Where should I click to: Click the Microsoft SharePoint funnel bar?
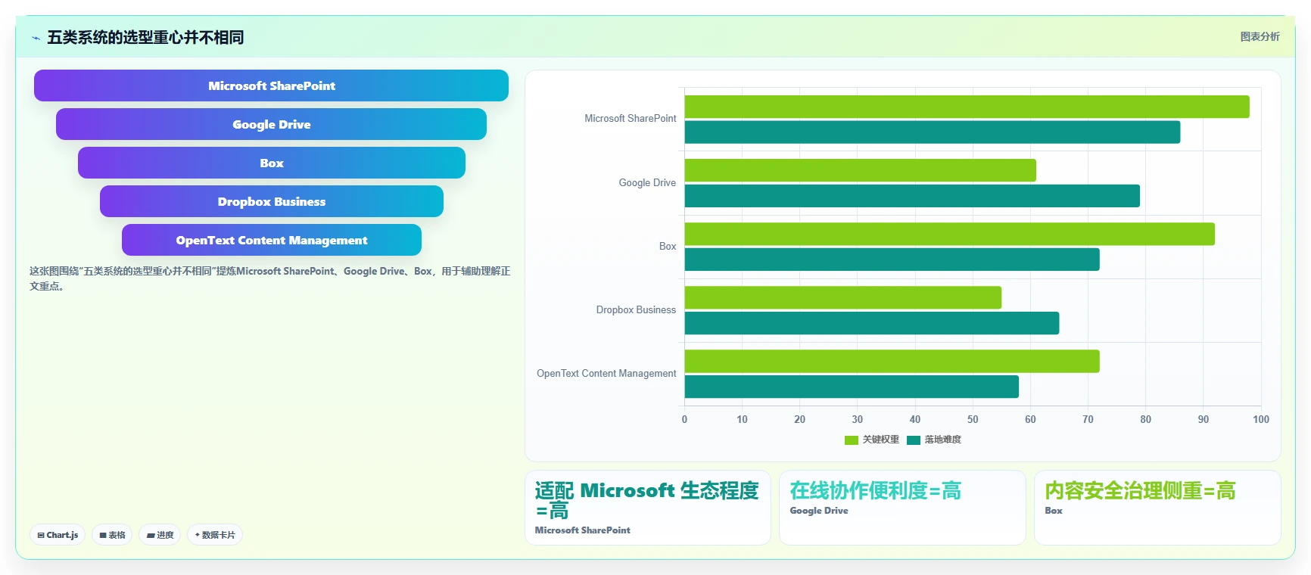pyautogui.click(x=271, y=85)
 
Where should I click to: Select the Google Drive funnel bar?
pyautogui.click(x=271, y=124)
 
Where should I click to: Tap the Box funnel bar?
pyautogui.click(x=271, y=163)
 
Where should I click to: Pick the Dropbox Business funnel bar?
pyautogui.click(x=271, y=201)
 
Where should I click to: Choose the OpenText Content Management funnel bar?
pyautogui.click(x=271, y=240)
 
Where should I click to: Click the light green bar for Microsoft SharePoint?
pyautogui.click(x=967, y=107)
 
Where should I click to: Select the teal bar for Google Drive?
pyautogui.click(x=912, y=196)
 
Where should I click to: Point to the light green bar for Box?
pyautogui.click(x=949, y=234)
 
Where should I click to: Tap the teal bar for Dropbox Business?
pyautogui.click(x=871, y=323)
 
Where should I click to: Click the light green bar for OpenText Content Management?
pyautogui.click(x=892, y=361)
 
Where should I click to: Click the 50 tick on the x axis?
pyautogui.click(x=973, y=419)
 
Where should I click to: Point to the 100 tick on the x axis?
pyautogui.click(x=1261, y=419)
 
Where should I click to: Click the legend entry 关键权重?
pyautogui.click(x=872, y=440)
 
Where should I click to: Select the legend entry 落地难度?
pyautogui.click(x=934, y=440)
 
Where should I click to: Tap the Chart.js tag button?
pyautogui.click(x=58, y=535)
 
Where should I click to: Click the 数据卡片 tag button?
pyautogui.click(x=215, y=535)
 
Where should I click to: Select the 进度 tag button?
pyautogui.click(x=160, y=535)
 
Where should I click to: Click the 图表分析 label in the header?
pyautogui.click(x=1260, y=36)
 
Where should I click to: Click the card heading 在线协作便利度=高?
pyautogui.click(x=875, y=491)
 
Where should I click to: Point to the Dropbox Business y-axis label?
pyautogui.click(x=636, y=310)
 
